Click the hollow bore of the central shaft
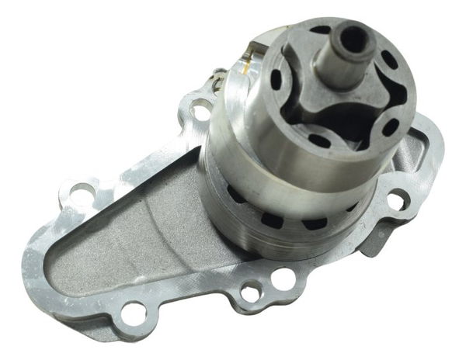coord(353,36)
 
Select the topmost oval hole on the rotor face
coord(320,31)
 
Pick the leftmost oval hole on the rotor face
coord(276,80)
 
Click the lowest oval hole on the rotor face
coord(319,140)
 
